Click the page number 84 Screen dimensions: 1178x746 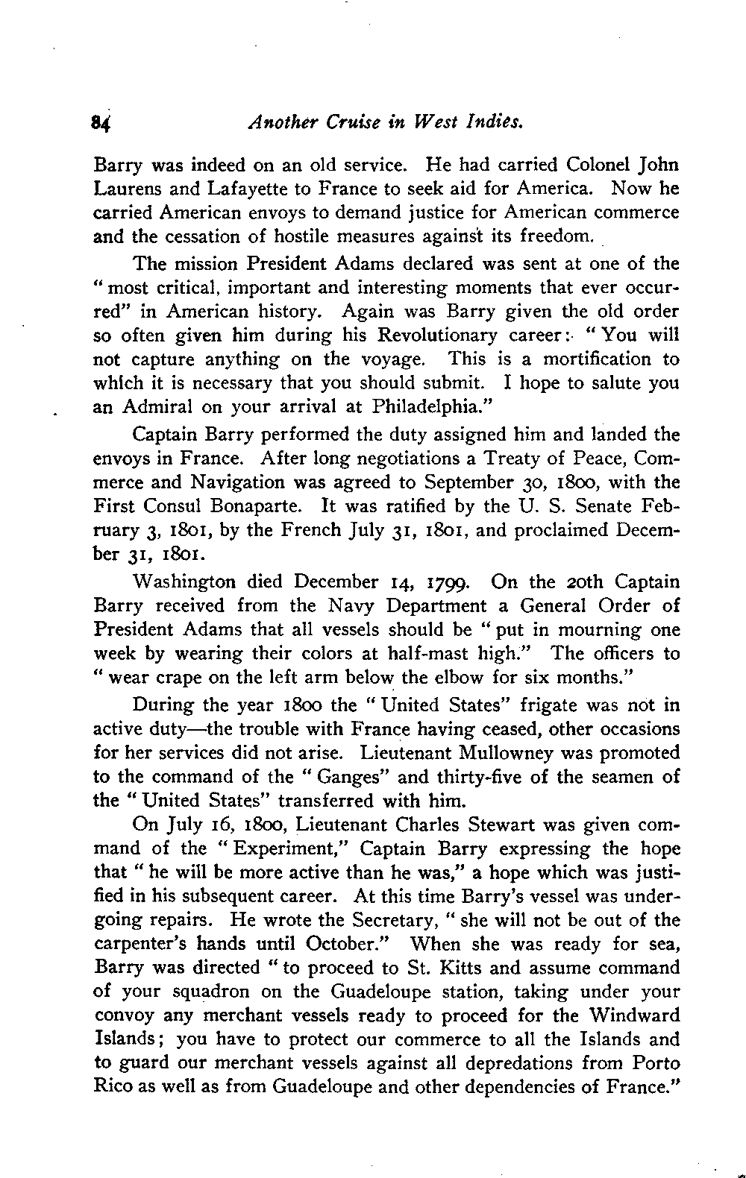[x=101, y=121]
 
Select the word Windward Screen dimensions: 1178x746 [x=633, y=1015]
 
